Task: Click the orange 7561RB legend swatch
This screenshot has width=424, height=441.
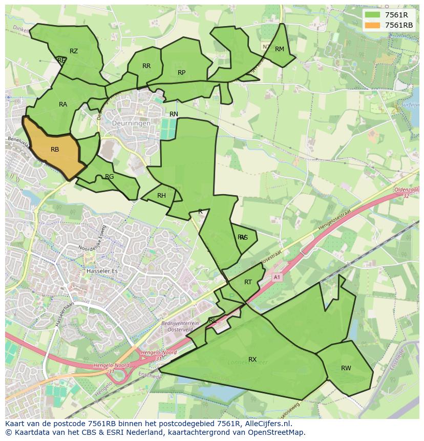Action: pyautogui.click(x=373, y=25)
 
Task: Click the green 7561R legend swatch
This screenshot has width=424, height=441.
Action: pyautogui.click(x=373, y=14)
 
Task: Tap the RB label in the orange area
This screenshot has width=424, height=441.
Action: pyautogui.click(x=55, y=150)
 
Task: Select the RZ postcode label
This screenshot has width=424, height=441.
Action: pyautogui.click(x=74, y=51)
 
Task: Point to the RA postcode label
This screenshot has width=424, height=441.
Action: pyautogui.click(x=63, y=104)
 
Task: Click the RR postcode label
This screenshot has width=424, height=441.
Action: pyautogui.click(x=146, y=66)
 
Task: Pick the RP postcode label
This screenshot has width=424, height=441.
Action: pyautogui.click(x=181, y=73)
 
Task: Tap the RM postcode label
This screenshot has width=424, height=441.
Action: pyautogui.click(x=279, y=49)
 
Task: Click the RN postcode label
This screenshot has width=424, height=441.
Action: pyautogui.click(x=174, y=114)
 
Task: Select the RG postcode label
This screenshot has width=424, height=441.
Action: pyautogui.click(x=109, y=177)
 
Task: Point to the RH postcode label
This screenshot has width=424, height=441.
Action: pyautogui.click(x=161, y=196)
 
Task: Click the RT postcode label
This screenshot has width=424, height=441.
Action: pyautogui.click(x=248, y=282)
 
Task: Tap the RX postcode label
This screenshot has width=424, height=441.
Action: pyautogui.click(x=252, y=360)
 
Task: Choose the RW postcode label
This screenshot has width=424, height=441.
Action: pyautogui.click(x=346, y=368)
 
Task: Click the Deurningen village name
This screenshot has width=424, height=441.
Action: pyautogui.click(x=132, y=123)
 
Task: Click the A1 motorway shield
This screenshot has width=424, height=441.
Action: pyautogui.click(x=277, y=277)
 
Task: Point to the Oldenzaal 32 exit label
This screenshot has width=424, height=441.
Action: pyautogui.click(x=407, y=193)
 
